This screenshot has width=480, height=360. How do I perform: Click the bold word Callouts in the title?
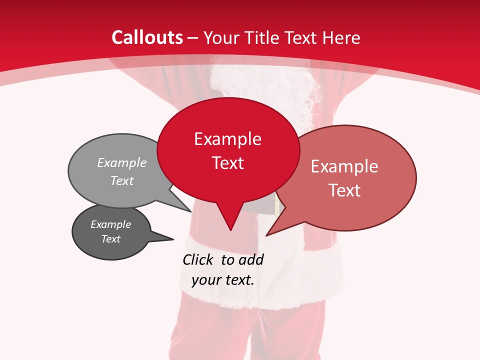[x=147, y=37]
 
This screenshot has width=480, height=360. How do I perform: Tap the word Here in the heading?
[x=342, y=37]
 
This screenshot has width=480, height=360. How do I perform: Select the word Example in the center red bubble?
[x=227, y=139]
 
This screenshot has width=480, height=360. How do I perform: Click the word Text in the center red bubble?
[x=227, y=163]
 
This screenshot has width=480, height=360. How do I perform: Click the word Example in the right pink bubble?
[x=344, y=166]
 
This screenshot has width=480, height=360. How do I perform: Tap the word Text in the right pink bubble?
[x=344, y=190]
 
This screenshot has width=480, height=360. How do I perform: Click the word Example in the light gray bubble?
[x=122, y=162]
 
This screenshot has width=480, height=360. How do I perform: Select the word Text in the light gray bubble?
[x=122, y=180]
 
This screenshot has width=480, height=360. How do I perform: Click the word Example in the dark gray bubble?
[x=110, y=224]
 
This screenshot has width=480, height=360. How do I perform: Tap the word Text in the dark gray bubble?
[x=110, y=239]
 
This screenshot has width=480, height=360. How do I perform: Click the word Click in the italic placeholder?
[x=199, y=259]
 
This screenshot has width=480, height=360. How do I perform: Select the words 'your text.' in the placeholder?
[x=223, y=280]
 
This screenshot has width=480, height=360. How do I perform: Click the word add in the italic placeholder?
[x=251, y=259]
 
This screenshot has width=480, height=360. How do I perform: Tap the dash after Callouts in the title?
[x=193, y=38]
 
